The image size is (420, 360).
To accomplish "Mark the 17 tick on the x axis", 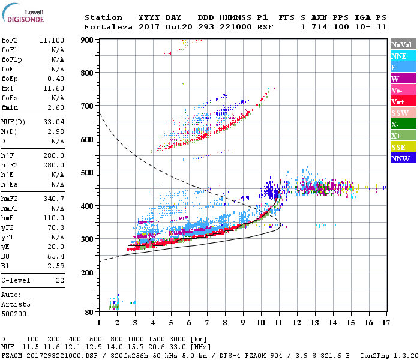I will coord(385,323).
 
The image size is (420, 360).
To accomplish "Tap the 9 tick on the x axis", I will coord(243,323).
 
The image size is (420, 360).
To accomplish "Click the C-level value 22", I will coord(59,280).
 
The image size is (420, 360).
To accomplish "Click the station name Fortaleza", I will coord(104,27).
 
